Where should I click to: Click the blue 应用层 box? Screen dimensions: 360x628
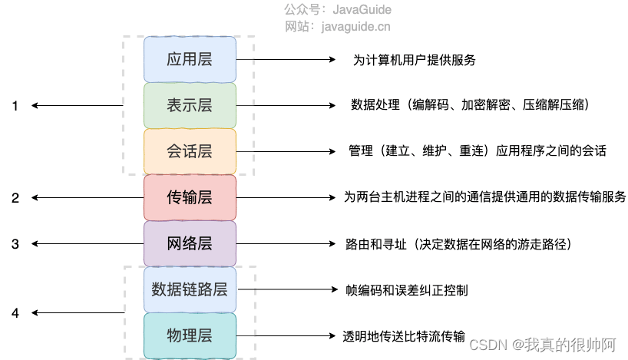190,59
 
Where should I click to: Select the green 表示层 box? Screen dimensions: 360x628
190,105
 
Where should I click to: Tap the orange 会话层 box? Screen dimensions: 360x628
190,151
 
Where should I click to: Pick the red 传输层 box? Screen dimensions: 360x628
190,197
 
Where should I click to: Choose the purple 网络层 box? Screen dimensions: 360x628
190,244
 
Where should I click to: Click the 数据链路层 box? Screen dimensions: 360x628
190,289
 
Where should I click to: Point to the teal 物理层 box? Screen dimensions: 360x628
190,335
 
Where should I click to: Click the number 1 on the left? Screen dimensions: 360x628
15,106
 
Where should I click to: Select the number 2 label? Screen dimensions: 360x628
15,198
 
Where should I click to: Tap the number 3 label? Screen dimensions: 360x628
15,244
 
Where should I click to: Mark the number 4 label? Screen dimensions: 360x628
15,313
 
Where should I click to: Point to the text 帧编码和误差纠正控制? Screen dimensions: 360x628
408,290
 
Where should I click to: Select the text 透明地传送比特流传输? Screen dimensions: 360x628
404,336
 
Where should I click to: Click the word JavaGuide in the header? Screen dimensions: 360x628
362,10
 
